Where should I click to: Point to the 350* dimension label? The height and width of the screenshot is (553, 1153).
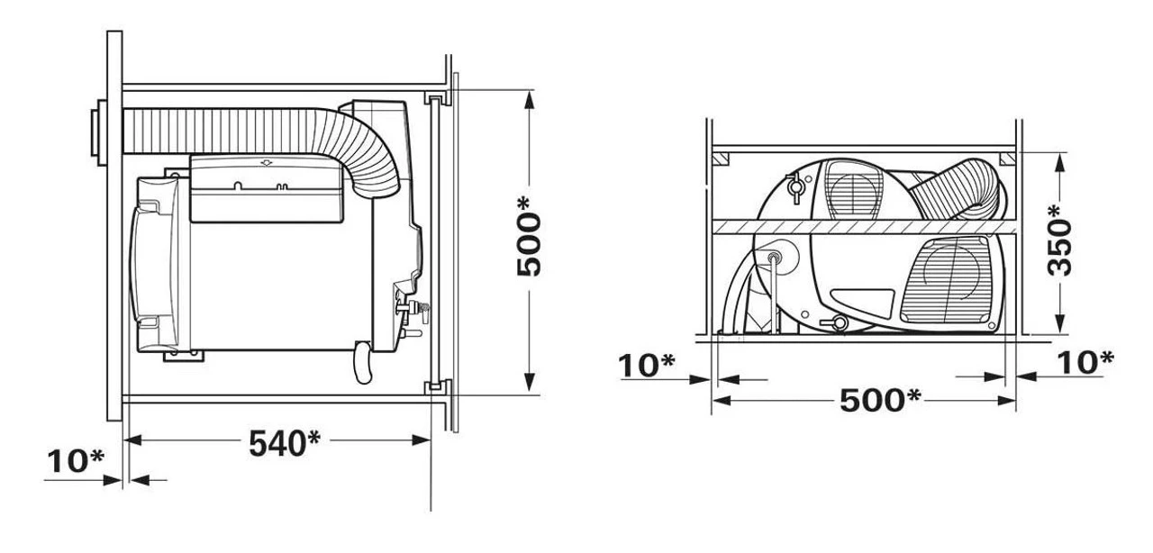[1060, 240]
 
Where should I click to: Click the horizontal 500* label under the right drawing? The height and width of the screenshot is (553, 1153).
[880, 399]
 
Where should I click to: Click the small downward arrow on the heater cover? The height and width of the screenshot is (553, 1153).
[265, 162]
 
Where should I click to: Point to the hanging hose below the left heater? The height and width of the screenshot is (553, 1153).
[363, 362]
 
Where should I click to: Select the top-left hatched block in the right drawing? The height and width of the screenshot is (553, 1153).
[720, 159]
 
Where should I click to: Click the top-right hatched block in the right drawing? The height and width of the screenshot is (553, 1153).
[1008, 159]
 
